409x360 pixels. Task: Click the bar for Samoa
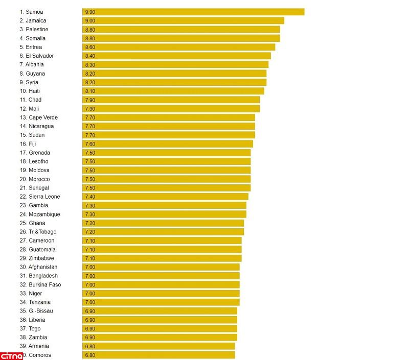193,12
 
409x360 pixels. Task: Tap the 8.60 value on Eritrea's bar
90,47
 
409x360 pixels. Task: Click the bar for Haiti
173,91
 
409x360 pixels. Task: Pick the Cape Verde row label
39,117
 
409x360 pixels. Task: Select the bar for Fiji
167,144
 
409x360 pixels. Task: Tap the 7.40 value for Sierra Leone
90,197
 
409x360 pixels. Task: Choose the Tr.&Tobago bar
163,232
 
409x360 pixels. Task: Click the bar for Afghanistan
161,267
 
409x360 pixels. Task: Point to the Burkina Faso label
40,284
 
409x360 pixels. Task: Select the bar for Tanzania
161,302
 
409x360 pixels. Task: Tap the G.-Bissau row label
36,311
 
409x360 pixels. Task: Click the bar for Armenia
158,346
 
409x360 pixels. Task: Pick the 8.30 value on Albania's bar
90,65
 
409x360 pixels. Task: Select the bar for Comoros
158,355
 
